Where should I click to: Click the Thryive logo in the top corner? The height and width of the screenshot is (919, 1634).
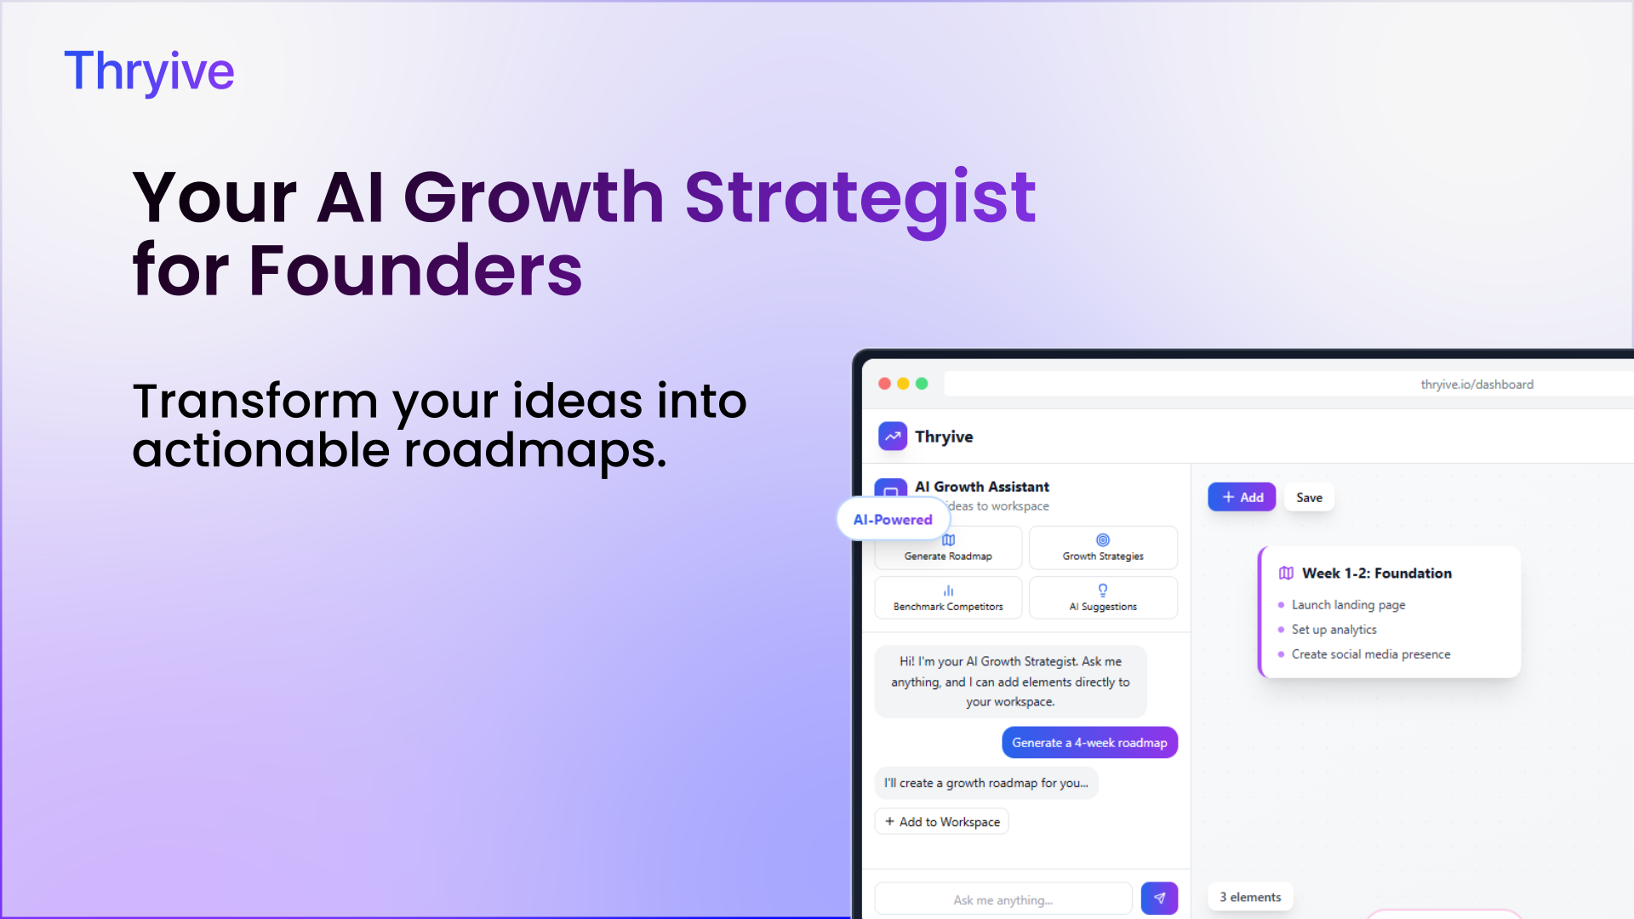tap(149, 71)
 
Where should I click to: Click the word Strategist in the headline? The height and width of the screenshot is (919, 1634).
tap(860, 200)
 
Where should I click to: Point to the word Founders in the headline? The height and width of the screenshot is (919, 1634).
tap(415, 271)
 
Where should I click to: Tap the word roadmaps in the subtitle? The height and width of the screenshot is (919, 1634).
tap(535, 451)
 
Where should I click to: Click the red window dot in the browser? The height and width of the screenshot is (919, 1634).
tap(884, 384)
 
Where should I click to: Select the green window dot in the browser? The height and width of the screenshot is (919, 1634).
tap(922, 384)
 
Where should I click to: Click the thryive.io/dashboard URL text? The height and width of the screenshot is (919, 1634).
tap(1477, 385)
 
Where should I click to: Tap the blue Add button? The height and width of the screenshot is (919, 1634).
tap(1242, 497)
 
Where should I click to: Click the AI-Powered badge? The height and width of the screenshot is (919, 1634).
tap(893, 519)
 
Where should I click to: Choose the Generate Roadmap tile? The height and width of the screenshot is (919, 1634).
tap(948, 548)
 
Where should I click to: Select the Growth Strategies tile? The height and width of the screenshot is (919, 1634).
tap(1103, 548)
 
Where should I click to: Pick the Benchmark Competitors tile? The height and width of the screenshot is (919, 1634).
tap(948, 598)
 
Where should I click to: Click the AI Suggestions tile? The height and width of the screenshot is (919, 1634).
tap(1103, 598)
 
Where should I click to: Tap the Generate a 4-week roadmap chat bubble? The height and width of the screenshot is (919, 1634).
tap(1089, 743)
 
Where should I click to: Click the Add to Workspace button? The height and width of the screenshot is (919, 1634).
tap(941, 821)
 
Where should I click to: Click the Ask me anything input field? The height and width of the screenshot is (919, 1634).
tap(1003, 899)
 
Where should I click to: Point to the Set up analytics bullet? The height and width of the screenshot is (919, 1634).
tap(1334, 630)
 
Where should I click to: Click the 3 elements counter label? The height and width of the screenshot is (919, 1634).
tap(1250, 897)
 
